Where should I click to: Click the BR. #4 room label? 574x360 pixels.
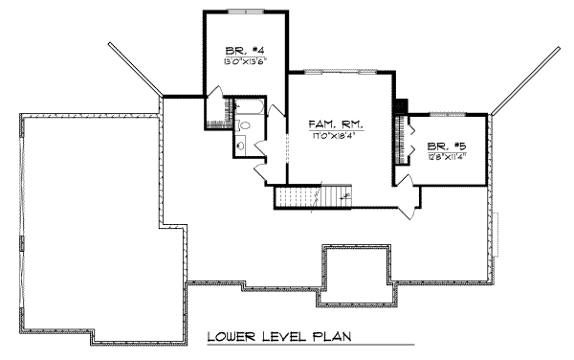[x=238, y=50]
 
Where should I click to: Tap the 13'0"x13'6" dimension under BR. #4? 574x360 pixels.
[x=238, y=61]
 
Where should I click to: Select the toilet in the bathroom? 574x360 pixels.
[x=244, y=124]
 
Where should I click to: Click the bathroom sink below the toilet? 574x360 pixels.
[x=241, y=144]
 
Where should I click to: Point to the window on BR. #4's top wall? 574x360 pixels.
[x=243, y=12]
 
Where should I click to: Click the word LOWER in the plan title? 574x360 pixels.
[x=235, y=337]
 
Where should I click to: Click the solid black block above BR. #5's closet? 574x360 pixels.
[x=402, y=106]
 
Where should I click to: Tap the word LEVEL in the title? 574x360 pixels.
[x=285, y=337]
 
